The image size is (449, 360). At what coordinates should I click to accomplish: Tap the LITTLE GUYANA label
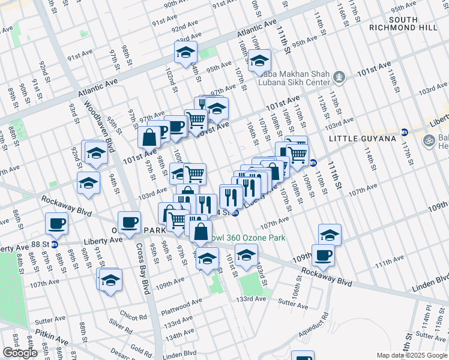[363, 139]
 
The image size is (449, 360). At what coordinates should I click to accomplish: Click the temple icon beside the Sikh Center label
[340, 77]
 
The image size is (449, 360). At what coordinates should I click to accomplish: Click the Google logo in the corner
[20, 353]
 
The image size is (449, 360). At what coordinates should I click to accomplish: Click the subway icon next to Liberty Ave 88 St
[55, 244]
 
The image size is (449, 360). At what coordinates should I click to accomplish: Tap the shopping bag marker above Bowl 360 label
[201, 230]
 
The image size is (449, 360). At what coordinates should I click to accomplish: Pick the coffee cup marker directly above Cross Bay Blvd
[129, 222]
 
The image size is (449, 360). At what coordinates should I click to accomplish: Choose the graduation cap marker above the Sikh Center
[259, 60]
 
